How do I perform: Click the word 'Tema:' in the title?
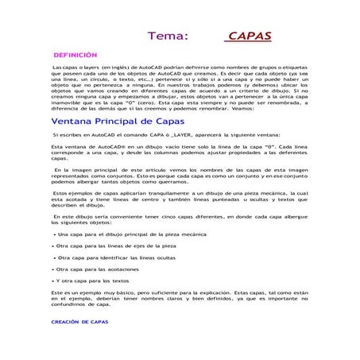click(x=168, y=36)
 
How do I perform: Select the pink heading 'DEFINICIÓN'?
click(x=75, y=56)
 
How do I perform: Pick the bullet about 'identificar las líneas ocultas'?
click(x=118, y=257)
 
